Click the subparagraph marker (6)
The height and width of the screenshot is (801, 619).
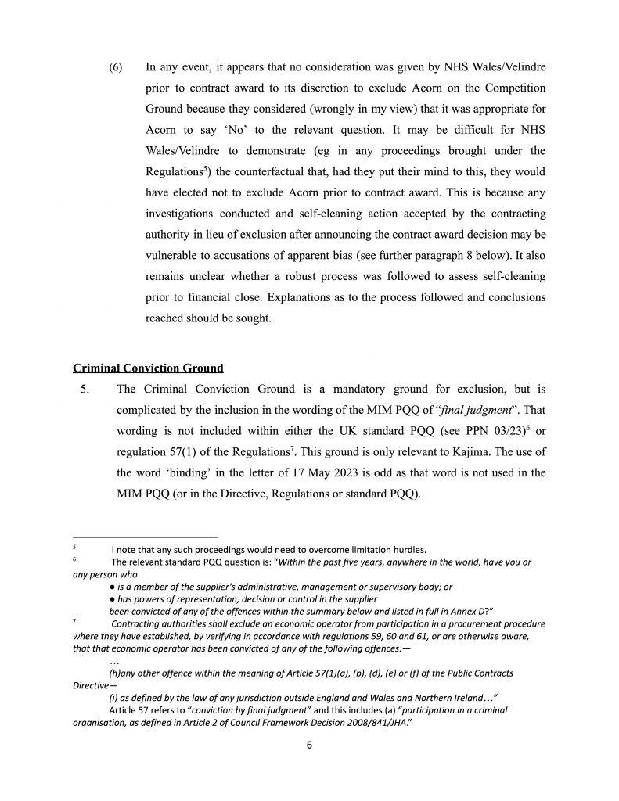(116, 68)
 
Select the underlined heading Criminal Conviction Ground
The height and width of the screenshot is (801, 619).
(148, 368)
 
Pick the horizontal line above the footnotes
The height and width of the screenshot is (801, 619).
(134, 537)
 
